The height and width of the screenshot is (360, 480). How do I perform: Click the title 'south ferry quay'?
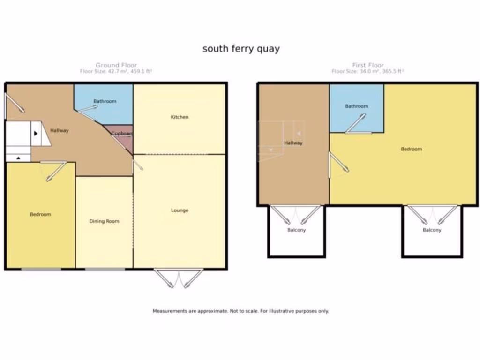tap(241, 49)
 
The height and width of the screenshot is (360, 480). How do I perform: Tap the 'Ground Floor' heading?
tap(116, 65)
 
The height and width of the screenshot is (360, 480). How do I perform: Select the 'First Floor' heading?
tap(368, 65)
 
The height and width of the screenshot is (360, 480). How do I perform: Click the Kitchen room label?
tap(180, 117)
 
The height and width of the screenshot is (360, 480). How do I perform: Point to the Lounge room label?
tap(180, 210)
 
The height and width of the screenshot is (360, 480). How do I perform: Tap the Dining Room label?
tap(104, 221)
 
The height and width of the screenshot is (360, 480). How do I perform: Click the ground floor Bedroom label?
tap(40, 214)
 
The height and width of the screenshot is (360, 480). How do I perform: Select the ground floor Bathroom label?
tap(105, 101)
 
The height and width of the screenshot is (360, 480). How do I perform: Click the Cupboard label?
tap(121, 134)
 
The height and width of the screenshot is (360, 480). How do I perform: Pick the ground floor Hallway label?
tap(60, 131)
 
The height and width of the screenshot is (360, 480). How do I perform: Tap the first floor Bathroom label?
tap(357, 106)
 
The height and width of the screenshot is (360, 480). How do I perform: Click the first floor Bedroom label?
tap(411, 149)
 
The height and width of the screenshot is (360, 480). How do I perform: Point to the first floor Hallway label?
tap(293, 143)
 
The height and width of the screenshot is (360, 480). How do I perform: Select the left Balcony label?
tap(296, 230)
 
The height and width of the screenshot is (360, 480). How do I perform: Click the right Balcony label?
tap(432, 230)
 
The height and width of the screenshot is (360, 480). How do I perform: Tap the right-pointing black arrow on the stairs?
tap(36, 133)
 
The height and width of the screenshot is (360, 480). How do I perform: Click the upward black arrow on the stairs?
tap(18, 158)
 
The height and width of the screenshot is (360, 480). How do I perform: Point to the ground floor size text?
tap(116, 71)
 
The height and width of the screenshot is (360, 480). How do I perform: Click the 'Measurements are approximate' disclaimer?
tap(240, 311)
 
